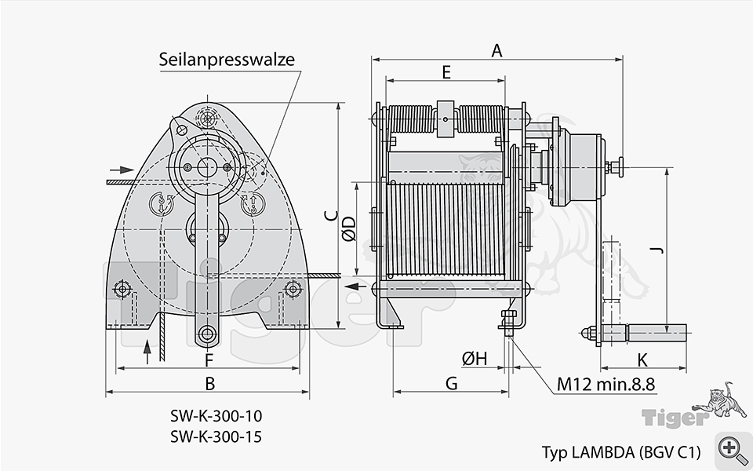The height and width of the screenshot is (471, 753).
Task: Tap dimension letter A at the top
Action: coord(497,51)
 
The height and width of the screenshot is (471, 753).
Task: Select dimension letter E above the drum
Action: coord(446,72)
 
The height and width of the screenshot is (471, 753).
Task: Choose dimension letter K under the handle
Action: coord(642,360)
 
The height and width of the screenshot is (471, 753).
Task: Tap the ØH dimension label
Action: coord(475,359)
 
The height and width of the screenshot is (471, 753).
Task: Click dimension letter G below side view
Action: coord(451,383)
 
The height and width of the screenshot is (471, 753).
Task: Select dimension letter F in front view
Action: coord(209,360)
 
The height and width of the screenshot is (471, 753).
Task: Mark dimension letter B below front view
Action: coord(209,384)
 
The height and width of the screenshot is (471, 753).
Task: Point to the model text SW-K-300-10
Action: coord(216,415)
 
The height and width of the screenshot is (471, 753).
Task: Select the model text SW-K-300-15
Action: coord(216,436)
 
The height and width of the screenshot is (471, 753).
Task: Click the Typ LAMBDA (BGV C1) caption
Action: coord(620,452)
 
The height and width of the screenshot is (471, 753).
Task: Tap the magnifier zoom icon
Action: coord(731,448)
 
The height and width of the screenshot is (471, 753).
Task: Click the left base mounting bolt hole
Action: coord(122,290)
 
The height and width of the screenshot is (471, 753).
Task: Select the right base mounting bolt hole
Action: coord(293,290)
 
